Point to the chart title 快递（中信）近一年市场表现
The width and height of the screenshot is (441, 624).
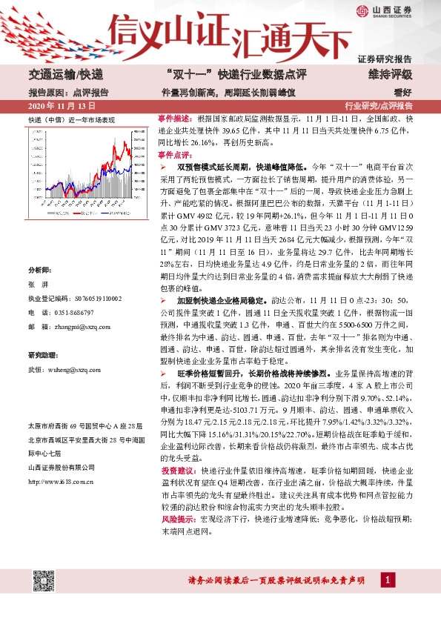(71, 119)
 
